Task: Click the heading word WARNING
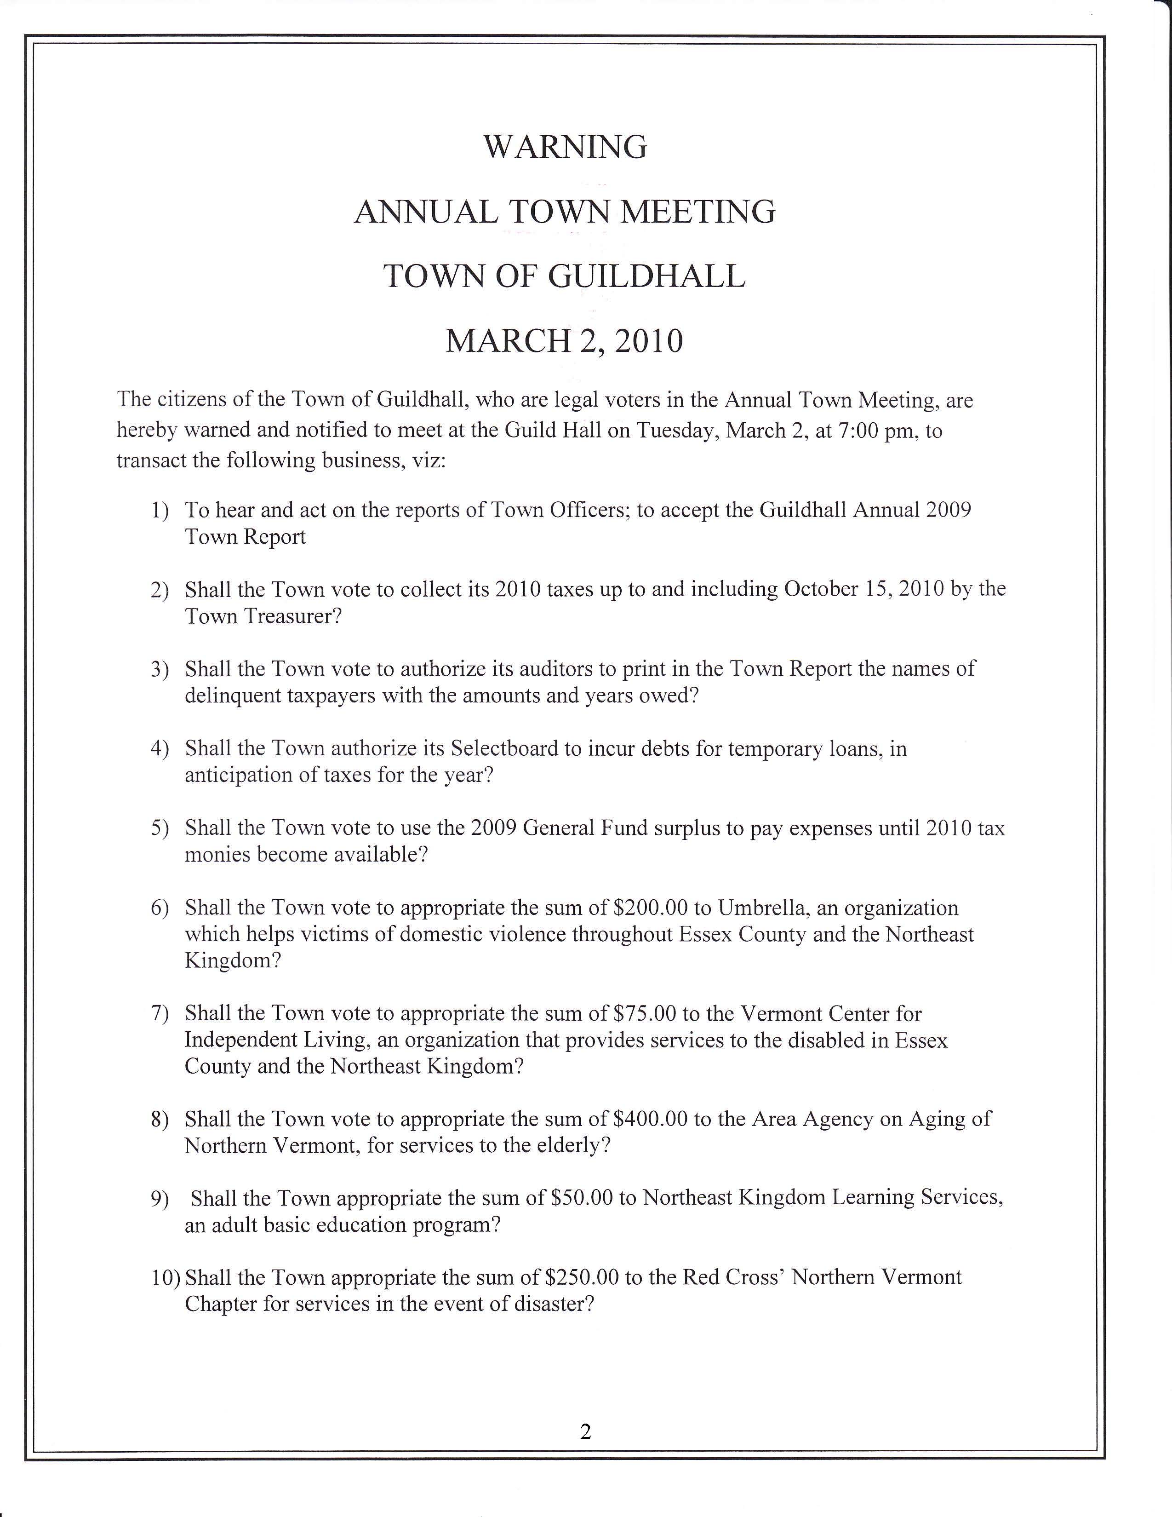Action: point(565,147)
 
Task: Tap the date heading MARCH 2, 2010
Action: point(565,341)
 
